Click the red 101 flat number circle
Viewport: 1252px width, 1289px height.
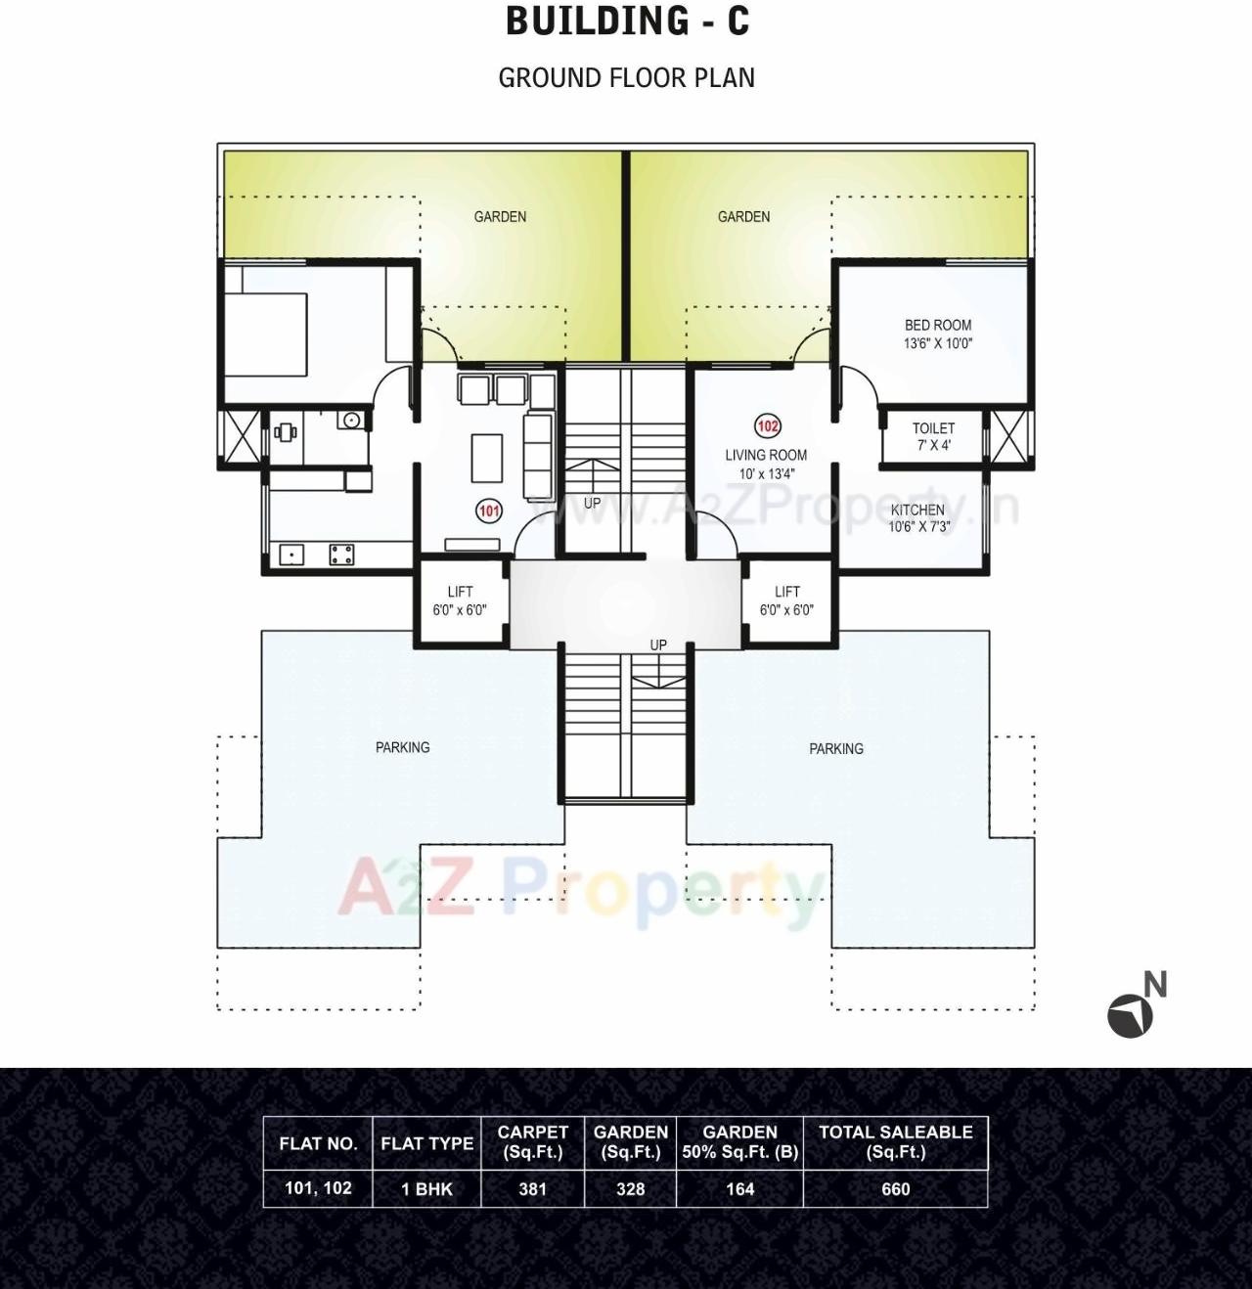(x=488, y=511)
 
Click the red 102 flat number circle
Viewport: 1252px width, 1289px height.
(x=768, y=426)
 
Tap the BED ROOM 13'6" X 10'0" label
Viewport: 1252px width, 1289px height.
(x=938, y=334)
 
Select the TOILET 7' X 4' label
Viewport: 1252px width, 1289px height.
(x=933, y=436)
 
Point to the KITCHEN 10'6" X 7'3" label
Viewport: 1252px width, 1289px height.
(x=917, y=518)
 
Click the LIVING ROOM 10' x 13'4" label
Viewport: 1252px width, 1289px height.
(x=766, y=464)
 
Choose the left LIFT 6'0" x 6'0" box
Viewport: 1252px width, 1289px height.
(x=460, y=600)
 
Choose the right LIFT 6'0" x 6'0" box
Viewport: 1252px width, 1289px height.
(x=786, y=600)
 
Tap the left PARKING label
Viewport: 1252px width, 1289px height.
(x=402, y=747)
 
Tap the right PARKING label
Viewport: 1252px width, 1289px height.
(x=836, y=749)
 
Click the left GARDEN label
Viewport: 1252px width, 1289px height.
(x=500, y=217)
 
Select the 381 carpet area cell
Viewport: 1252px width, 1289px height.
(x=532, y=1189)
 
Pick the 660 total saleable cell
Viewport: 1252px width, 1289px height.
(x=895, y=1189)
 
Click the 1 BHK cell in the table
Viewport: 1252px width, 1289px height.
(x=426, y=1189)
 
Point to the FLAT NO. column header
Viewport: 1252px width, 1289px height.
(x=318, y=1143)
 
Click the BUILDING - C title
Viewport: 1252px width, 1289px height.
(x=627, y=22)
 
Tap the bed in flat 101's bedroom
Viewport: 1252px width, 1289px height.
(x=266, y=320)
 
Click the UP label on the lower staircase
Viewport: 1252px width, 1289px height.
(x=658, y=645)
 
